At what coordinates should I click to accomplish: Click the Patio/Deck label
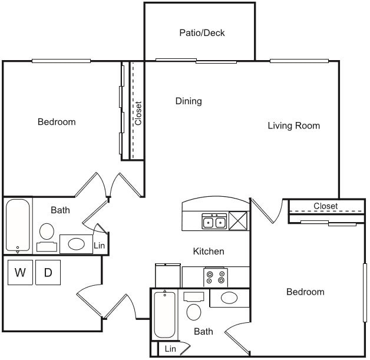click(202, 33)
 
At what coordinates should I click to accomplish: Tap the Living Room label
click(293, 125)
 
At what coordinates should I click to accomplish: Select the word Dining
click(189, 101)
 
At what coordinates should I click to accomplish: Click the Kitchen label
click(209, 252)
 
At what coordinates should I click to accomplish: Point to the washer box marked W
click(20, 272)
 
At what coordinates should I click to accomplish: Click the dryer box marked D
click(48, 272)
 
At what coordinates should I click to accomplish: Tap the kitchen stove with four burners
click(216, 276)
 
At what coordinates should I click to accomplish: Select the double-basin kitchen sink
click(214, 222)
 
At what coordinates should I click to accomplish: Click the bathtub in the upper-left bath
click(18, 226)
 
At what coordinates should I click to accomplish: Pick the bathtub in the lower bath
click(165, 315)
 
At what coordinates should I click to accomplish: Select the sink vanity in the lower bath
click(230, 298)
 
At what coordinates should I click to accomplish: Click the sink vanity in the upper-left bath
click(76, 243)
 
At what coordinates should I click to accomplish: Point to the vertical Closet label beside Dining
click(138, 113)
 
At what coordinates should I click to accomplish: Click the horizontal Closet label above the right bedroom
click(325, 206)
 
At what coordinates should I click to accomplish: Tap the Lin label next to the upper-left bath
click(100, 245)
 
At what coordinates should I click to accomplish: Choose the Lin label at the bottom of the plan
click(170, 349)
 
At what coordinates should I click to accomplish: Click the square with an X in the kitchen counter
click(239, 222)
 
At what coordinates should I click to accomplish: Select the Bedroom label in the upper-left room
click(57, 122)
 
